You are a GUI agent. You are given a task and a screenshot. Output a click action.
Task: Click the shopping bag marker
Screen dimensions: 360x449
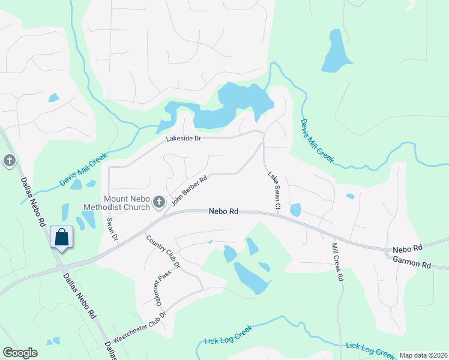61,237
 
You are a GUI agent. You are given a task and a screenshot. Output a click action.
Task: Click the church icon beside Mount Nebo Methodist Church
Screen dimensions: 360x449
159,202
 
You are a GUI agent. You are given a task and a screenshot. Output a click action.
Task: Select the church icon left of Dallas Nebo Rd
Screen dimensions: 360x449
9,161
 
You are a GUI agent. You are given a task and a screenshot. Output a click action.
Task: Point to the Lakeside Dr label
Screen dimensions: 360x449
183,139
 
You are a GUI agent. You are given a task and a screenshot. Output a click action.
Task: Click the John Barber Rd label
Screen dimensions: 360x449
189,190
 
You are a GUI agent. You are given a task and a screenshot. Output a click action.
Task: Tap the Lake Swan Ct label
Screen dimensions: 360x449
274,191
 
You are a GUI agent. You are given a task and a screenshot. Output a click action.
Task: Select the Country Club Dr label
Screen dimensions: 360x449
163,251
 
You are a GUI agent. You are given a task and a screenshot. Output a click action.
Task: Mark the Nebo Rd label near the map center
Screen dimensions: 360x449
224,212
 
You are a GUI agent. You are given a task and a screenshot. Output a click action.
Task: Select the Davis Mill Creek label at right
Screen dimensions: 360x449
316,140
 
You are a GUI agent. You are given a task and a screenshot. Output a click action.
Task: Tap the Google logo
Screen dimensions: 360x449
20,353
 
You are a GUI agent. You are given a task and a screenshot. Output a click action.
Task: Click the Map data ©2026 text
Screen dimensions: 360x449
423,355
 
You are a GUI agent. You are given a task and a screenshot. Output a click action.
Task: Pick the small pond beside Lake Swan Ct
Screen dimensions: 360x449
295,210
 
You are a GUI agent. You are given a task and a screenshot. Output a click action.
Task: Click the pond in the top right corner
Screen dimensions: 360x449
334,52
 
